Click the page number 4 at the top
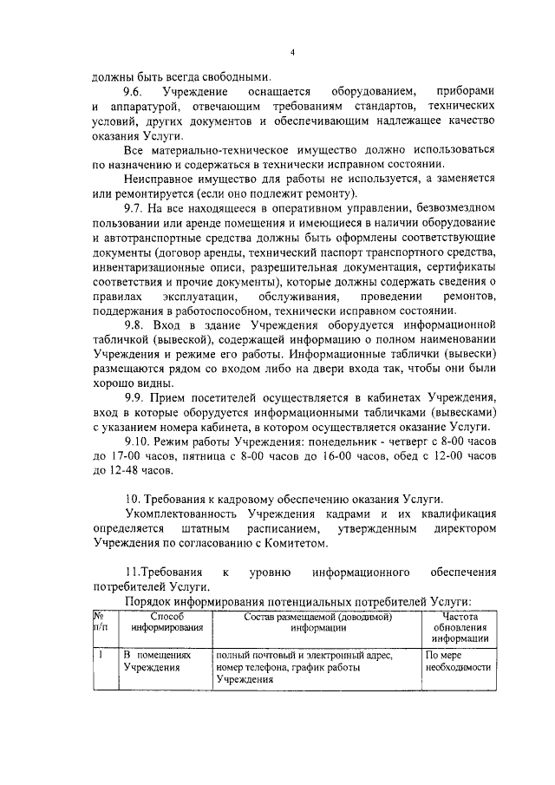pyautogui.click(x=293, y=53)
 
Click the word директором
pyautogui.click(x=459, y=528)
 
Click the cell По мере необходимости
pyautogui.click(x=458, y=662)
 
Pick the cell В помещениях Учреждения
pyautogui.click(x=156, y=662)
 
